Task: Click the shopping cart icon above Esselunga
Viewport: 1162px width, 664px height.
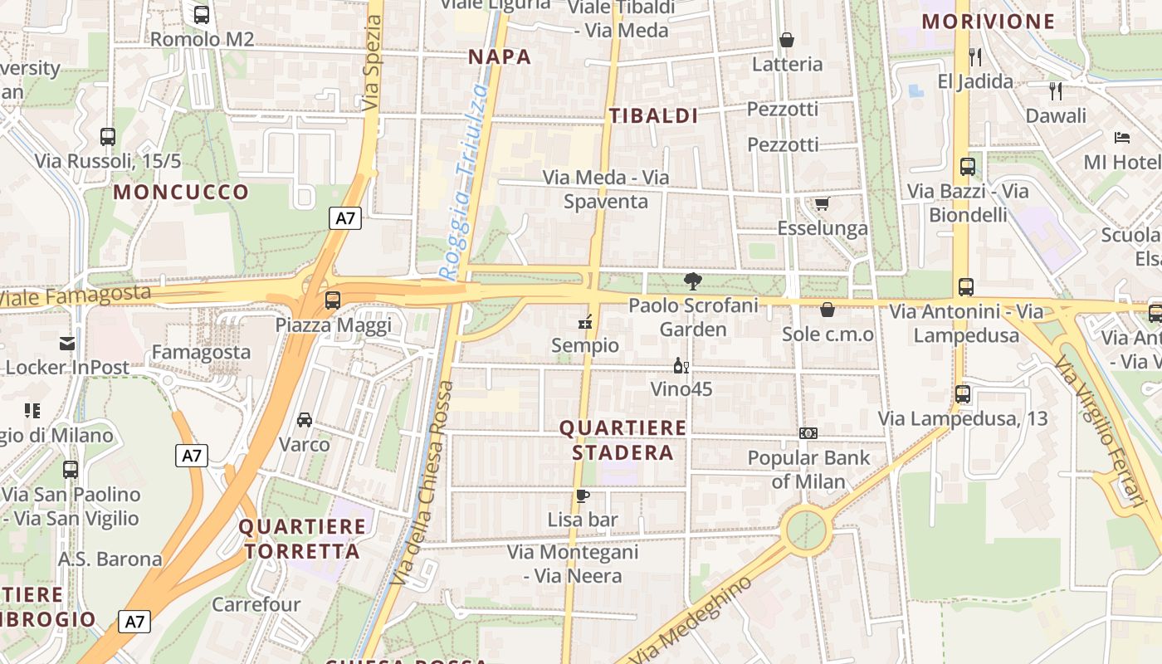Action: [822, 204]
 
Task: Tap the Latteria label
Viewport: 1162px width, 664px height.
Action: [787, 64]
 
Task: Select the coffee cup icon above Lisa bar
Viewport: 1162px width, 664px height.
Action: [583, 496]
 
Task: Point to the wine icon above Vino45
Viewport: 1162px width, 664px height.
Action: [681, 365]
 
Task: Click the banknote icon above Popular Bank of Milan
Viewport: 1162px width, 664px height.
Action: [808, 433]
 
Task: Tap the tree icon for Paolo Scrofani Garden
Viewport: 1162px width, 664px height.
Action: [692, 281]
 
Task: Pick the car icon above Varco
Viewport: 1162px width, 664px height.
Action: [305, 420]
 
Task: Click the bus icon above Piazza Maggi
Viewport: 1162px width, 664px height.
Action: [333, 300]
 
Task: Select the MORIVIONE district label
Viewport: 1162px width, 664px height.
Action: [988, 22]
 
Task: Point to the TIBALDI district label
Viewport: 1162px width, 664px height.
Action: [654, 116]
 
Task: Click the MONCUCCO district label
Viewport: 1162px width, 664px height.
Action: [181, 193]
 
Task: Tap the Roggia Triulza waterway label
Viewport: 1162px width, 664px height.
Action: [463, 183]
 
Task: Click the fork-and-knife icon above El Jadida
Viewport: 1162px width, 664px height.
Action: [975, 57]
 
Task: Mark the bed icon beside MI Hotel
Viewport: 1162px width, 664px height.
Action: [1122, 137]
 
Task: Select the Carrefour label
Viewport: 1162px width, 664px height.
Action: [256, 604]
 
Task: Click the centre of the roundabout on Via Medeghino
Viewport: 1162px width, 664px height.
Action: [806, 530]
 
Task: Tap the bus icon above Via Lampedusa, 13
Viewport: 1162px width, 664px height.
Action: [963, 394]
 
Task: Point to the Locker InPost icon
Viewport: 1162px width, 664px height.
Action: [66, 344]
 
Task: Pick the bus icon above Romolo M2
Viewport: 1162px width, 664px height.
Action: [202, 15]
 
